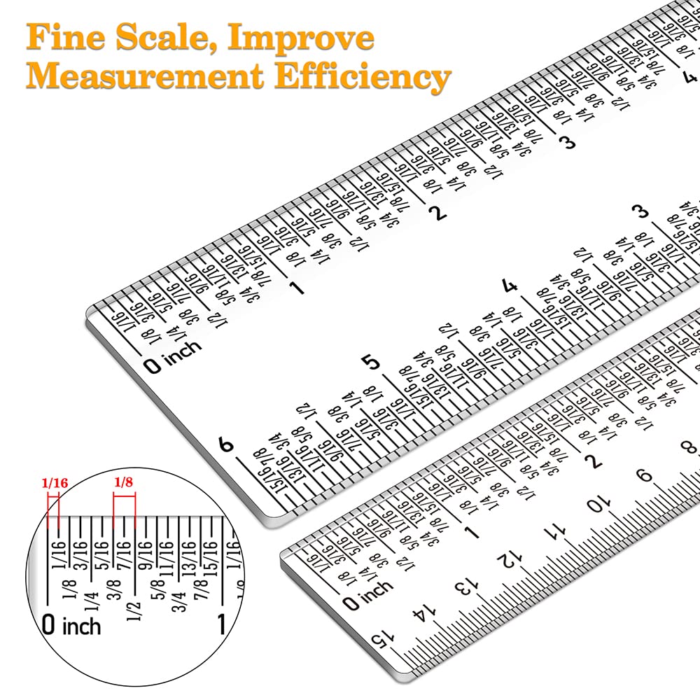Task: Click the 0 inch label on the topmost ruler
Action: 172,356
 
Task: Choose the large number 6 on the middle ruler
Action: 225,445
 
